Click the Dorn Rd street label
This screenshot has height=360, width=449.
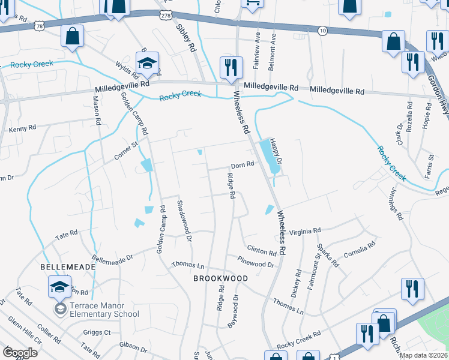(x=243, y=166)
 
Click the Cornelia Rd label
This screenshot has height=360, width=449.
(x=360, y=249)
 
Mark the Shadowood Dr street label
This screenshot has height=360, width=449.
(x=183, y=220)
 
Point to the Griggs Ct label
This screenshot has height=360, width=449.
(x=98, y=332)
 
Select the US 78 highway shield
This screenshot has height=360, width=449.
(x=39, y=26)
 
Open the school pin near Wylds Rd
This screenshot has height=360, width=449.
(x=146, y=64)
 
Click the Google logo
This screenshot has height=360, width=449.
(x=20, y=353)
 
